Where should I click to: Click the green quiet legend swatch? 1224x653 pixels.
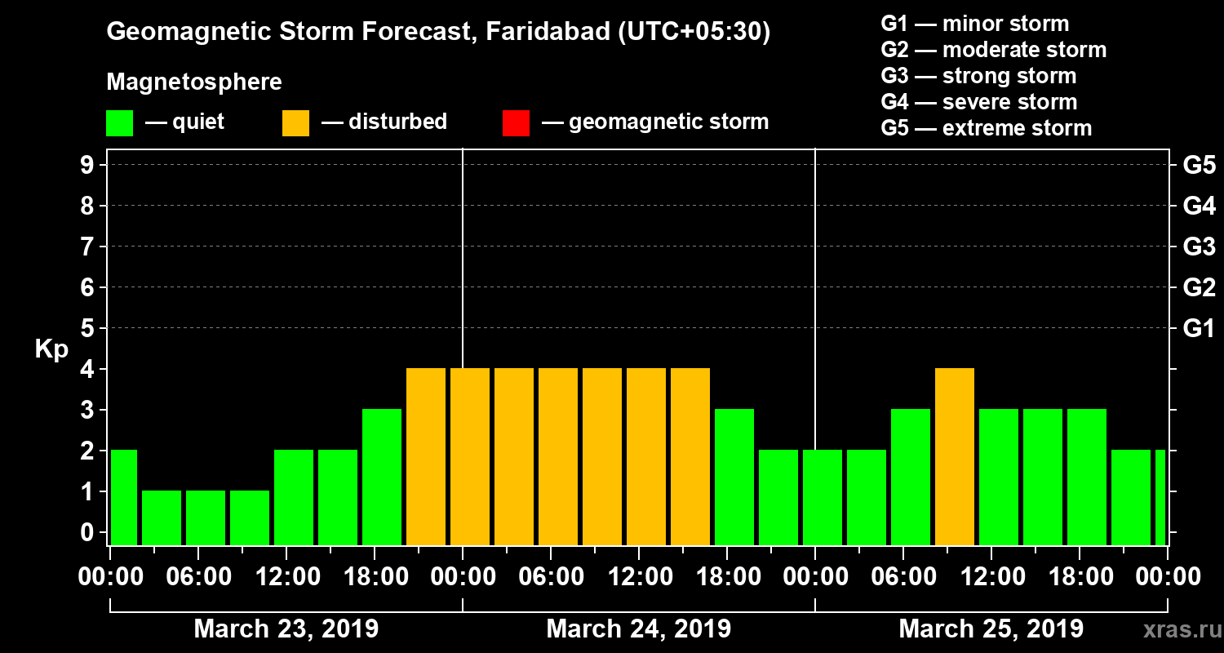(119, 122)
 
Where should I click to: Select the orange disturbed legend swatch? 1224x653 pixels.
(295, 122)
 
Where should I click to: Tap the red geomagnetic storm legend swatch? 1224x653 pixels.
(516, 122)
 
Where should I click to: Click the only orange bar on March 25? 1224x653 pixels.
(955, 457)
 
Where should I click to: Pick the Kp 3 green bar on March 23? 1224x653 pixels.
(382, 477)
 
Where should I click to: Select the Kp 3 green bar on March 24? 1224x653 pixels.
(734, 477)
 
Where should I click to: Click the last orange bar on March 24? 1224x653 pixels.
(690, 457)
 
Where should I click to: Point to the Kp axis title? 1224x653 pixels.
(51, 349)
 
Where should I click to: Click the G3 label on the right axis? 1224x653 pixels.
(1199, 247)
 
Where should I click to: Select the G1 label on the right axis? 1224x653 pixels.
(1199, 329)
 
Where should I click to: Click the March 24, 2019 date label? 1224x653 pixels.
(638, 629)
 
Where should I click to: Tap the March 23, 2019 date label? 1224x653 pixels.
(286, 629)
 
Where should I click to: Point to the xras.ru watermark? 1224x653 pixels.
(1176, 629)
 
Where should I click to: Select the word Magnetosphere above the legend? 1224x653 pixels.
(194, 82)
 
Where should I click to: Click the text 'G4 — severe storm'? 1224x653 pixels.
(979, 102)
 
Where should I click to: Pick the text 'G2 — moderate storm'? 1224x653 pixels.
(994, 50)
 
